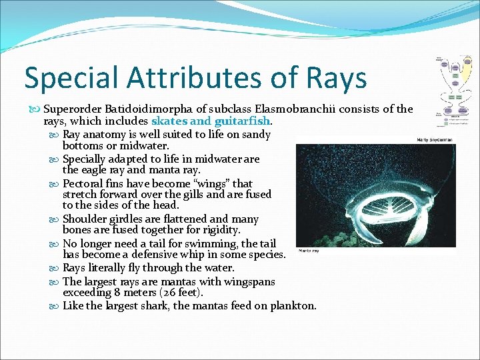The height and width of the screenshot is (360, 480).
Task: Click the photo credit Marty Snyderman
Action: [434, 140]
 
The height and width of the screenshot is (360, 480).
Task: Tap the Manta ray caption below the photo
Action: [309, 251]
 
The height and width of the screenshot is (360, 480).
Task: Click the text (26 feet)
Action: [178, 293]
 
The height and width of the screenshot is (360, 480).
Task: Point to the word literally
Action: [113, 267]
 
